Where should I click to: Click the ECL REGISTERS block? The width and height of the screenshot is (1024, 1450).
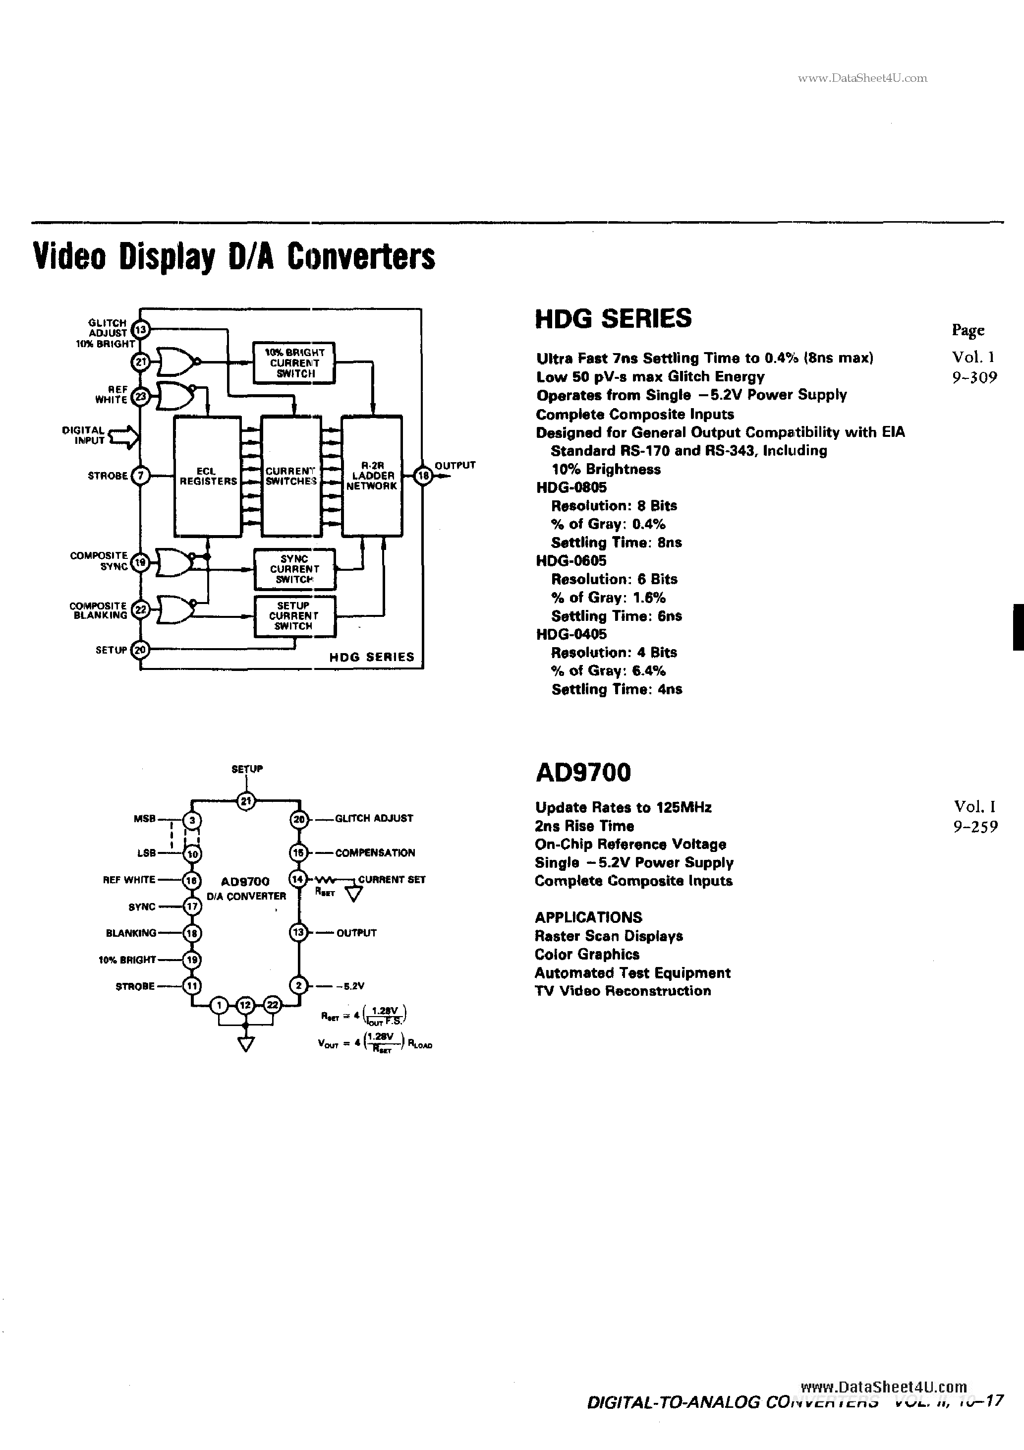click(x=207, y=476)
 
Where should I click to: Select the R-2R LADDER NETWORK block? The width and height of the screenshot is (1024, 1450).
click(x=372, y=476)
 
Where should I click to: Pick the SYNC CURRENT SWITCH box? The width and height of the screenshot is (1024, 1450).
click(x=294, y=568)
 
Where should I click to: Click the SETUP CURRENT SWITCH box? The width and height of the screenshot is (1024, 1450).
click(x=294, y=616)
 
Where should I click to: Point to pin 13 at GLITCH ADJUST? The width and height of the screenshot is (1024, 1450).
click(x=140, y=329)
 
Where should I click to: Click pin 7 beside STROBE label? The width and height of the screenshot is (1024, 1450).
click(x=140, y=476)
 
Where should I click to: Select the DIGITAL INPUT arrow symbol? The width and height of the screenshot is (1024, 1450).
click(x=124, y=436)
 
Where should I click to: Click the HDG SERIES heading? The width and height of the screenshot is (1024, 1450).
click(x=613, y=318)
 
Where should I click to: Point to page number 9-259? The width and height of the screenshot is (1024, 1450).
click(x=975, y=826)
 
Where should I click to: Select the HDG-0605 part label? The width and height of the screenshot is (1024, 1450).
click(x=570, y=560)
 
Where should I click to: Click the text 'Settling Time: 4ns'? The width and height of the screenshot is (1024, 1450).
click(x=616, y=689)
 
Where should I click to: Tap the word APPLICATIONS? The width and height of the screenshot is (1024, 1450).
click(x=588, y=917)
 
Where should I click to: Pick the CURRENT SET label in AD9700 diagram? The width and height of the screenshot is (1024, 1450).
click(x=392, y=879)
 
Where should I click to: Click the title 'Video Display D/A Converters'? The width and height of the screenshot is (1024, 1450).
click(x=233, y=257)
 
